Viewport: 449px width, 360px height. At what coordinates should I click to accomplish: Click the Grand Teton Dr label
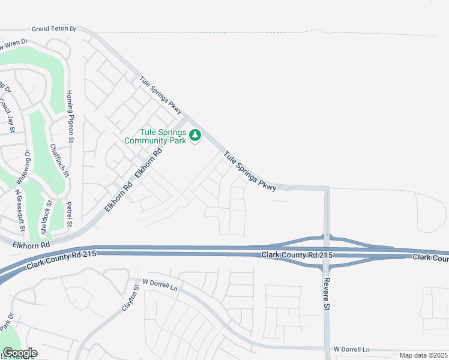(x=54, y=28)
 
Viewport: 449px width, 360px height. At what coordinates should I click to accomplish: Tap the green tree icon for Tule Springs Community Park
(x=194, y=136)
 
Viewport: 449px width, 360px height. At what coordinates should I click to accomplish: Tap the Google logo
(x=20, y=353)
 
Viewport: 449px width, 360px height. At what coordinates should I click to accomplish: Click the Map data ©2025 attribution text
(x=423, y=355)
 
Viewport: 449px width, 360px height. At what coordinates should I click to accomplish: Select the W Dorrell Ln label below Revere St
(x=352, y=349)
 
